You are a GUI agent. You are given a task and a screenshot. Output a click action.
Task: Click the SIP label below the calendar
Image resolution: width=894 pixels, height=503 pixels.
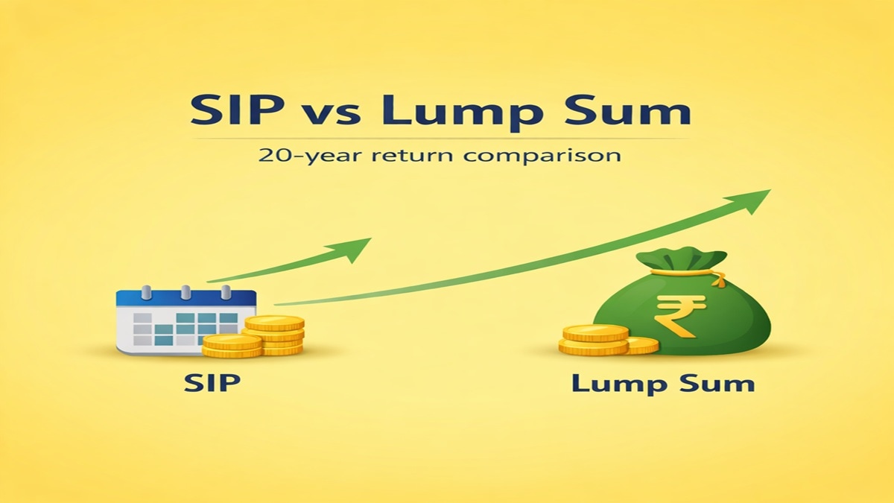click(213, 384)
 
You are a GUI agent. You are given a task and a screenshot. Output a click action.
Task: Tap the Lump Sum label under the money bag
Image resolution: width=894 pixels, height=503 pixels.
click(662, 384)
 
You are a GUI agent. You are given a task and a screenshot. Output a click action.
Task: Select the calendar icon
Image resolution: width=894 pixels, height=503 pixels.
click(183, 320)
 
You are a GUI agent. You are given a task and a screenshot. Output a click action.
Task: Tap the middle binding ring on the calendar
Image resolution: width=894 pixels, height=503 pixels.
click(186, 290)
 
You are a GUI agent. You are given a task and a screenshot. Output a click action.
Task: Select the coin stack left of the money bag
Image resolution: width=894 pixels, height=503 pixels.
click(594, 340)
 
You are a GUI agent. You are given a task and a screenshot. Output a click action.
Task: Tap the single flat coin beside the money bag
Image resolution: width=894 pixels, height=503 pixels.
click(641, 345)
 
